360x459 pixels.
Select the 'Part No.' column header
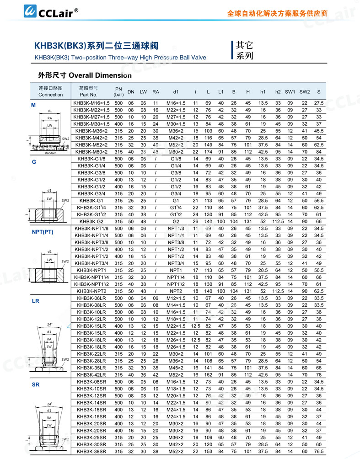coord(89,95)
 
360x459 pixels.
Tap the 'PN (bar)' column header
coord(118,91)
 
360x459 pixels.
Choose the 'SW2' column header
coord(305,91)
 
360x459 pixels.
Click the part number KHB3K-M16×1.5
coord(91,103)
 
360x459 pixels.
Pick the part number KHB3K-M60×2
coord(91,152)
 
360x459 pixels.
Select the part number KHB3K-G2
coord(91,221)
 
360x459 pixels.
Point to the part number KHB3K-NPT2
coord(91,291)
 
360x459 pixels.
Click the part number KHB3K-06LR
coord(91,298)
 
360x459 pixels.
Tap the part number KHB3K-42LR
coord(91,374)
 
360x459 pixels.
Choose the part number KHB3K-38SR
coord(91,451)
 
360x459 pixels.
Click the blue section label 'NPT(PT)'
coord(43,232)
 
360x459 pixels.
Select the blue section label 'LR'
coord(35,302)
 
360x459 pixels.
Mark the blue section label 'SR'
coord(35,385)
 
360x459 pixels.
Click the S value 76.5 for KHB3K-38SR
coord(319,451)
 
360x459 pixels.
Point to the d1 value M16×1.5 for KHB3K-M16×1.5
coord(176,103)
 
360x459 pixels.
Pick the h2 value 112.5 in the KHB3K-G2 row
coord(278,221)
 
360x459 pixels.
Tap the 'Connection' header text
coord(50,95)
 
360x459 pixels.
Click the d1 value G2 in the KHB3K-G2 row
coord(176,221)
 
